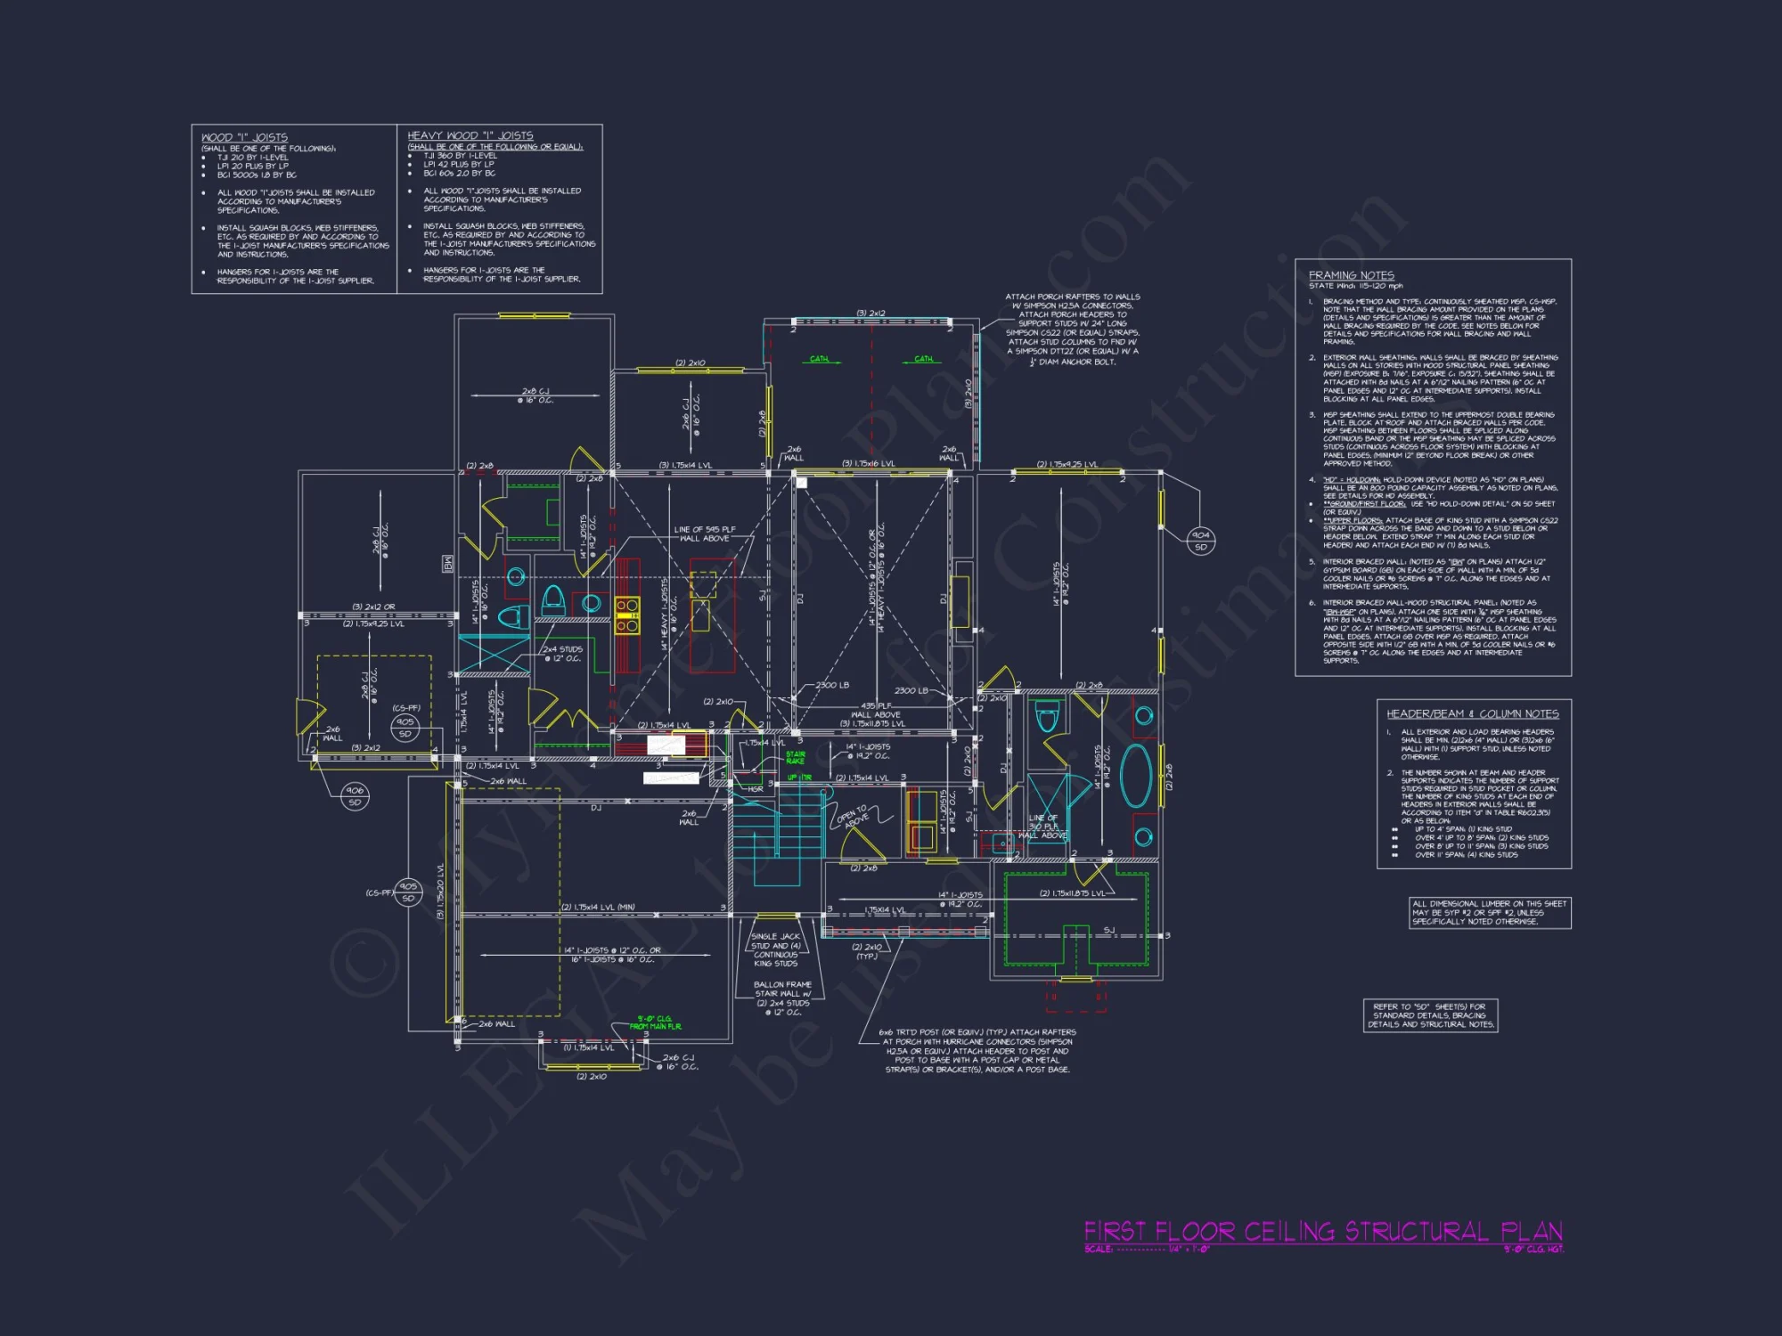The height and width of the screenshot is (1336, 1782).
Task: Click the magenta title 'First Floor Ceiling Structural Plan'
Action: (x=1322, y=1232)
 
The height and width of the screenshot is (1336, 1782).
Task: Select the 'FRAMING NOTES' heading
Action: (x=1351, y=275)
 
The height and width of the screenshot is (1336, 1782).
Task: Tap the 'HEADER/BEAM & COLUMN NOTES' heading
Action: (x=1472, y=713)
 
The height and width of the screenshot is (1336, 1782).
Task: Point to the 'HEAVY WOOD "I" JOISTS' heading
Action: (x=470, y=135)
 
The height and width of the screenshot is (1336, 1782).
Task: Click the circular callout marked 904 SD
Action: (x=1200, y=541)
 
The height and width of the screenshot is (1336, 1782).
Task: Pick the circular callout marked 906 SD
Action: (x=355, y=795)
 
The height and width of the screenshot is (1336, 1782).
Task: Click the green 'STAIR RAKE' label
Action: (x=795, y=757)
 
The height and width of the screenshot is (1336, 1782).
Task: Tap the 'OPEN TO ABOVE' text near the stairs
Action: (x=854, y=817)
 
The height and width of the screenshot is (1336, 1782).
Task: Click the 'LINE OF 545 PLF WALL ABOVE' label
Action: (x=704, y=534)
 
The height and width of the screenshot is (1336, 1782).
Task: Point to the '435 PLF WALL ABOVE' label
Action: (x=875, y=710)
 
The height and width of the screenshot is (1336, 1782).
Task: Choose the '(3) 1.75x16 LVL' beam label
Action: (x=868, y=463)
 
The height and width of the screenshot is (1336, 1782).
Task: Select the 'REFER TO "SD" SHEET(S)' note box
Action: (x=1430, y=1015)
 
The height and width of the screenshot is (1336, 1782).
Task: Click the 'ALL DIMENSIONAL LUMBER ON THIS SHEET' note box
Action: (x=1489, y=912)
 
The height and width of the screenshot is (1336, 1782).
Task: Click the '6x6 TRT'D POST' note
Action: (x=977, y=1050)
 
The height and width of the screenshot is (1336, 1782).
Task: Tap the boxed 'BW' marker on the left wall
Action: (x=448, y=563)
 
